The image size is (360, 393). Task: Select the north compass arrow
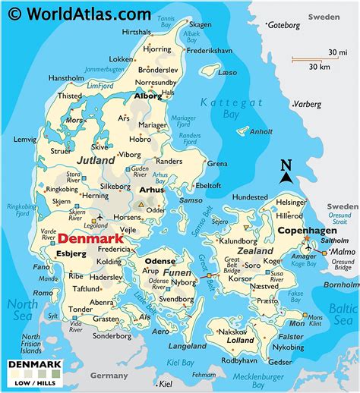tap(286, 172)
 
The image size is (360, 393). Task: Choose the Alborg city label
tap(147, 96)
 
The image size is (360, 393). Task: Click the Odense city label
tap(159, 261)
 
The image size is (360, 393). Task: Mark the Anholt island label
tap(261, 130)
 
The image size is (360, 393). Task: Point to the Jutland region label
tap(96, 160)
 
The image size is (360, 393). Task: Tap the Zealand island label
tap(255, 250)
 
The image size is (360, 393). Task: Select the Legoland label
tap(96, 225)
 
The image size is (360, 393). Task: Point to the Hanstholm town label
tap(66, 77)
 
